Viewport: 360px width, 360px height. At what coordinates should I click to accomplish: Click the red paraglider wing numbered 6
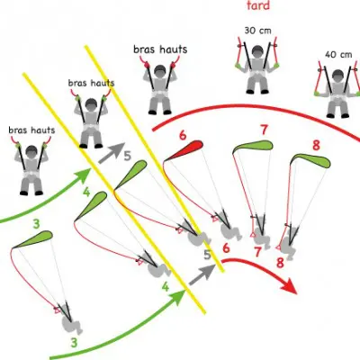(185, 149)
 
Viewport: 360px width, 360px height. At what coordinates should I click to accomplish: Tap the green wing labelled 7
(254, 146)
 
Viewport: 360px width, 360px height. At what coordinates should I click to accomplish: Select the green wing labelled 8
(311, 160)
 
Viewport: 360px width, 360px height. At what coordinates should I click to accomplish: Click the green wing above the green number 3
(33, 238)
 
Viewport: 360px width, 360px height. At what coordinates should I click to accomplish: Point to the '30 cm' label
(257, 31)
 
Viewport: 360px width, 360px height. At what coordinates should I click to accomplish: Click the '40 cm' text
(338, 55)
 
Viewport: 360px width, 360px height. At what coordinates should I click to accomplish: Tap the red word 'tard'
(258, 5)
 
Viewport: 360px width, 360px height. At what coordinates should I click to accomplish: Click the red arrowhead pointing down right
(288, 285)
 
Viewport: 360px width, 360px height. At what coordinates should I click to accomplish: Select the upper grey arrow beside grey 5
(111, 152)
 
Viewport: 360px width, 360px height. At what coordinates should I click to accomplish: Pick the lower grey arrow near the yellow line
(202, 274)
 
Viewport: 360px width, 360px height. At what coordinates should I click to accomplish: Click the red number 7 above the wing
(264, 130)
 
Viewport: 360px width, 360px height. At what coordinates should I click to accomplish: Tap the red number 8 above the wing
(316, 146)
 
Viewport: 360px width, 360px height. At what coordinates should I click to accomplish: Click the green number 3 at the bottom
(74, 343)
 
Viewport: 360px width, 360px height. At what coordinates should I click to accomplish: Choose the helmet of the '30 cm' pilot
(257, 51)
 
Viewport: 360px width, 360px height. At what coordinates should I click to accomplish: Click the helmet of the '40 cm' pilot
(338, 76)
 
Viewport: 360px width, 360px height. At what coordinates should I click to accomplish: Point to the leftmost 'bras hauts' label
(31, 130)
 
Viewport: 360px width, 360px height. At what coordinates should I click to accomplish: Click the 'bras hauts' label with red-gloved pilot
(160, 49)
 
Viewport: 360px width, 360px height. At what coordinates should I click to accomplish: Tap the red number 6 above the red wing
(183, 135)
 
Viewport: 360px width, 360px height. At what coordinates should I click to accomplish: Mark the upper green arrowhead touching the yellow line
(84, 175)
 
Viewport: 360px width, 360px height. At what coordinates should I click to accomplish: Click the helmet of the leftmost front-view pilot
(31, 152)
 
